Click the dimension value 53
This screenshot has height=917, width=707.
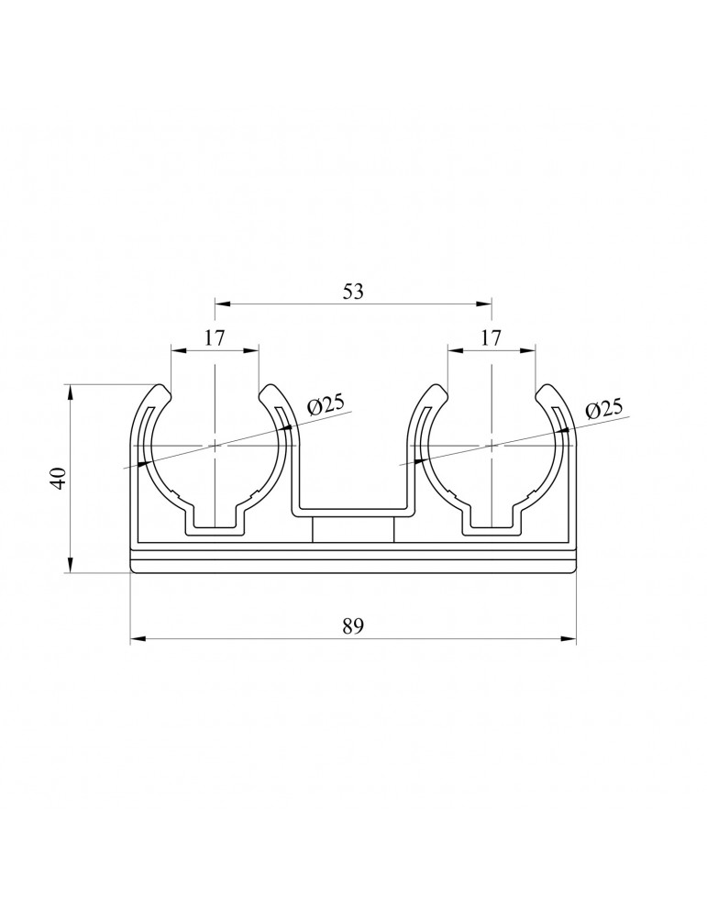353,292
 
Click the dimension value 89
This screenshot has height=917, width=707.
353,626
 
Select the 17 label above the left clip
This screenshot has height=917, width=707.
215,337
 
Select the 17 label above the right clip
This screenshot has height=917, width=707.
492,337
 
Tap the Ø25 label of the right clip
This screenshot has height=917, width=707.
603,408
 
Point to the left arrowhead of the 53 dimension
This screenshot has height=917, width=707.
222,304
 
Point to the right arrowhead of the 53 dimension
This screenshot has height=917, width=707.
485,304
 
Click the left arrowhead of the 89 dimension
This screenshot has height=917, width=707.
138,639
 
